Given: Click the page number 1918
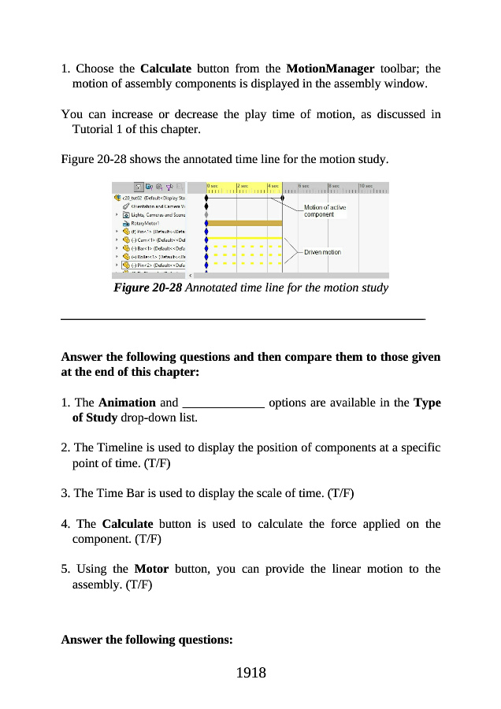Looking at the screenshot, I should click(250, 672).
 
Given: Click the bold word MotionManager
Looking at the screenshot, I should click(329, 68).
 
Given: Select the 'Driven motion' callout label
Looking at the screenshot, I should click(322, 252).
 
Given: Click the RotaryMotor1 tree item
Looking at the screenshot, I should click(147, 223).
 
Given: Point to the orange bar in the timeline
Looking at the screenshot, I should click(244, 223).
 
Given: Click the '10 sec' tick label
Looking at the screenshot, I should click(365, 186).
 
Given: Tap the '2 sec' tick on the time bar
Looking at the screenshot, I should click(243, 186).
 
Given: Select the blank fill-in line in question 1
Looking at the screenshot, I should click(223, 403).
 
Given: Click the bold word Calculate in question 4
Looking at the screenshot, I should click(128, 524).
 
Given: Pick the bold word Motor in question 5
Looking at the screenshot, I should click(151, 569).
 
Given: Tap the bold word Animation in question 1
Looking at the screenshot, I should click(127, 403).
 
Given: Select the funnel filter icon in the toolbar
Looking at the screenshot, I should click(169, 187).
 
